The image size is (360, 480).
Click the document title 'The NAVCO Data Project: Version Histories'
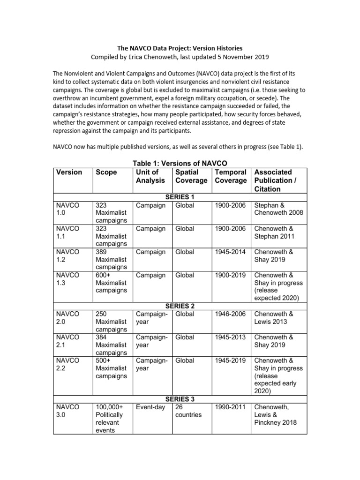[x=180, y=48]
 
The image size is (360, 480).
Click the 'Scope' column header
[x=106, y=172]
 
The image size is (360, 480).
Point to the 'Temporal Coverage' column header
[x=231, y=176]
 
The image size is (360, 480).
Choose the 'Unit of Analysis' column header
[x=150, y=176]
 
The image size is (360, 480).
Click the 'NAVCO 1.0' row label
[x=68, y=209]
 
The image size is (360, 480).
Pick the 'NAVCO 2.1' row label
[x=68, y=341]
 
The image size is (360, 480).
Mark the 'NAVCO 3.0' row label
[x=68, y=411]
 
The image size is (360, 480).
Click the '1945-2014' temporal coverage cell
[x=230, y=252]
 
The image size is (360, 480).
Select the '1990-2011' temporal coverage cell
[x=230, y=407]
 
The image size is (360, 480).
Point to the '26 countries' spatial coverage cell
[x=188, y=411]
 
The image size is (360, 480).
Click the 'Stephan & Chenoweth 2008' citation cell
[x=278, y=209]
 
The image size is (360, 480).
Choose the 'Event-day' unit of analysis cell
[x=150, y=407]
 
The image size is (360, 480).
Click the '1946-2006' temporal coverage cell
[x=230, y=314]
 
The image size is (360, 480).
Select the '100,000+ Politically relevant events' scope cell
[x=109, y=419]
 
